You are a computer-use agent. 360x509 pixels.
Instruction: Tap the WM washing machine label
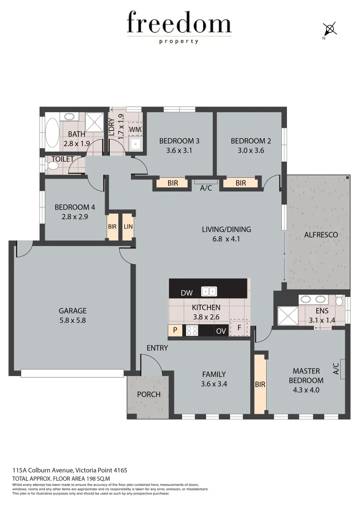(135, 129)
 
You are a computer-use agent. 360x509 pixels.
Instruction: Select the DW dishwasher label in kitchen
(187, 293)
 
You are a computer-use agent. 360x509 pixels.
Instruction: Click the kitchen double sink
(209, 291)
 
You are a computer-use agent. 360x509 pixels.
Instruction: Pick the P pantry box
(175, 330)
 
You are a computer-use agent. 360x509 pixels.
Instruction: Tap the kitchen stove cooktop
(192, 330)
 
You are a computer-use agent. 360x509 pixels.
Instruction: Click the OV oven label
(221, 331)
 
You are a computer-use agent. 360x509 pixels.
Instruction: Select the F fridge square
(239, 328)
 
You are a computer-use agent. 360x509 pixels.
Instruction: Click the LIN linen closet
(128, 227)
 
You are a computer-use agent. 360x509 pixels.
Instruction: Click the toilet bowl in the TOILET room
(51, 166)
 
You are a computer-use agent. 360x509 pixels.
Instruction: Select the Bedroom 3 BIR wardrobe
(172, 183)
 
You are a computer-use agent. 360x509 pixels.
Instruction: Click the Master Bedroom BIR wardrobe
(260, 384)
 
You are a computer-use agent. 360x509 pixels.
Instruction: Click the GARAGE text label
(73, 311)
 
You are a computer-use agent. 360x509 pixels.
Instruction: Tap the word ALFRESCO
(319, 234)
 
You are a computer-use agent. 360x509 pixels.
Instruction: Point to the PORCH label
(148, 394)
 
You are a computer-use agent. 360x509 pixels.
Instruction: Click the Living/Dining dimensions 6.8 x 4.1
(226, 239)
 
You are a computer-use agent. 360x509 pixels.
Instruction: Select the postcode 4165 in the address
(119, 470)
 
